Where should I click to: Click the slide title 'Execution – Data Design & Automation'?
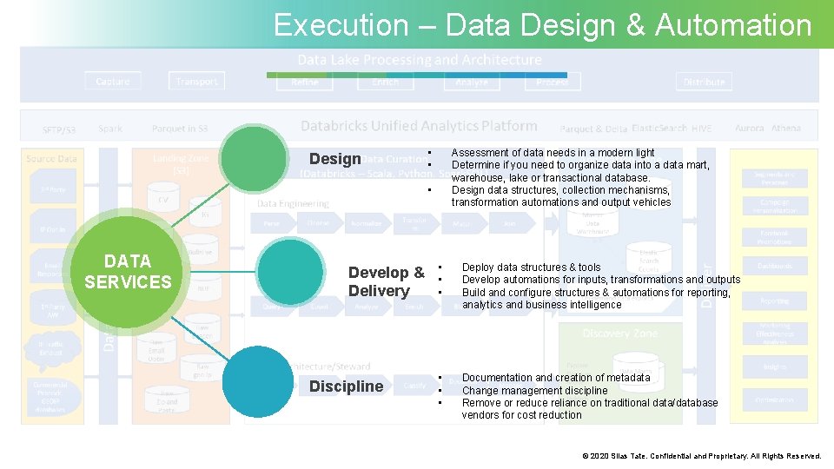(x=542, y=25)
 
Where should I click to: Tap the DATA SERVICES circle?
(x=127, y=271)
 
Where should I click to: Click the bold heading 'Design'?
(x=334, y=159)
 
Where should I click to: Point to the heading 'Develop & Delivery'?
(x=386, y=281)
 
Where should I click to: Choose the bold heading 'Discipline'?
(x=346, y=386)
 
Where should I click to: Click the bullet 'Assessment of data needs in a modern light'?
(x=553, y=153)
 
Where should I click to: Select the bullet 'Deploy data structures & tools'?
(x=531, y=268)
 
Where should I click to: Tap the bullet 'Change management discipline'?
(x=534, y=390)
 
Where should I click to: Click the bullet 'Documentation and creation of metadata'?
(x=556, y=378)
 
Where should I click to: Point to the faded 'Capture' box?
(x=113, y=82)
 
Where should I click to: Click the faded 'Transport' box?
(x=196, y=82)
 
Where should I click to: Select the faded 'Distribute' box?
(x=704, y=83)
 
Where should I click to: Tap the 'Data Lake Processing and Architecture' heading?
(x=420, y=60)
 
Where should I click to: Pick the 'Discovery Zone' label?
(x=620, y=334)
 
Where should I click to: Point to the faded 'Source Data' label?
(x=52, y=159)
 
